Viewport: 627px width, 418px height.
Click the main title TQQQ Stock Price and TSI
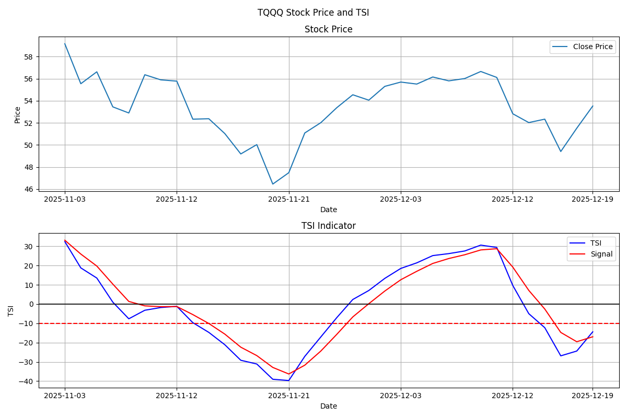tap(313, 13)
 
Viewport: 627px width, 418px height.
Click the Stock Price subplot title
tap(328, 30)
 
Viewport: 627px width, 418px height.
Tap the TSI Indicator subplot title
tap(328, 226)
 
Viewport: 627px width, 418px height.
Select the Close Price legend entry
tap(592, 47)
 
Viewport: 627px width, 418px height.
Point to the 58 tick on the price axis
tap(29, 57)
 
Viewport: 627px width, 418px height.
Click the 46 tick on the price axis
tap(29, 189)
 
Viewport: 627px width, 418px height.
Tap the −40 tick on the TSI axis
tap(27, 381)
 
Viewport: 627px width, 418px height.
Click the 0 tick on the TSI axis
tap(31, 304)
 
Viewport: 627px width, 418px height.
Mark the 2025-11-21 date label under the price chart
tap(289, 199)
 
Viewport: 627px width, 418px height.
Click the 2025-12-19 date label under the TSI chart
tap(593, 396)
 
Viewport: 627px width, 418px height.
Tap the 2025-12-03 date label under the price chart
tap(401, 199)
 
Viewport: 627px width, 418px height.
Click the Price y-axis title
tap(18, 114)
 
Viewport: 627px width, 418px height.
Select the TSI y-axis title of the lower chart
tap(11, 310)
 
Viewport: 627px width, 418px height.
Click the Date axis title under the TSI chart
tap(328, 406)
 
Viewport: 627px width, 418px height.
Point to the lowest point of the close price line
tap(273, 184)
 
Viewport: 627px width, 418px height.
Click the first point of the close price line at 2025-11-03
tap(65, 44)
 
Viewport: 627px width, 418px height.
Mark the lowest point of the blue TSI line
tap(288, 380)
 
